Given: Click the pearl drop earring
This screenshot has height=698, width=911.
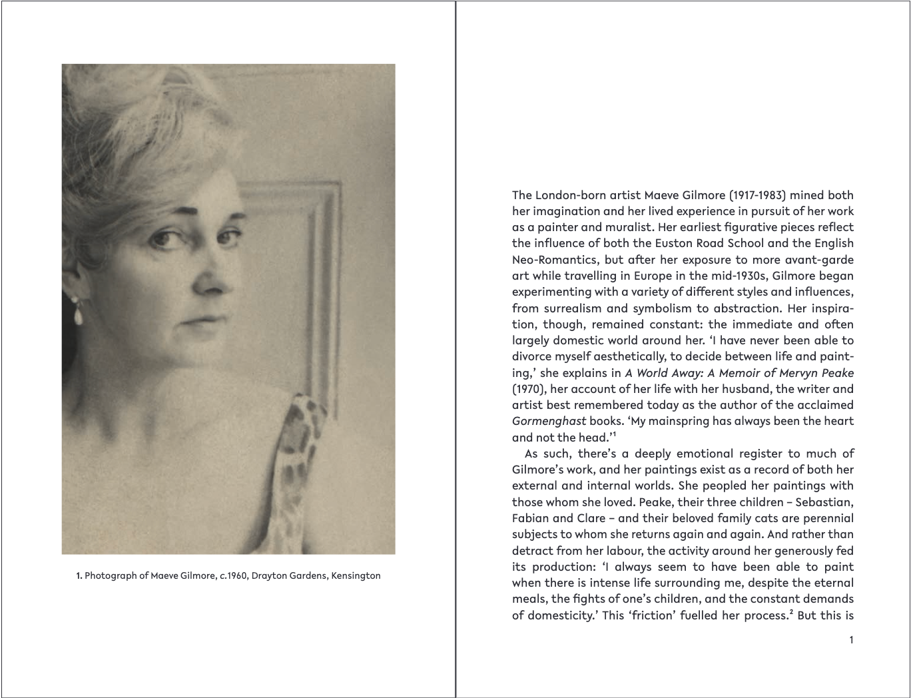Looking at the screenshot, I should click(x=78, y=312).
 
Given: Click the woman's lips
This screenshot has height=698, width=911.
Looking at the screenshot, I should click(x=197, y=320).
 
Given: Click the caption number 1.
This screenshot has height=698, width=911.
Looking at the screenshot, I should click(x=79, y=575).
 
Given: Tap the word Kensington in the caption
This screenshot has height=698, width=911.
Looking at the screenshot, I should click(x=356, y=575).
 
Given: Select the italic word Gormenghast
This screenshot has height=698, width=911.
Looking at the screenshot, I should click(x=549, y=421).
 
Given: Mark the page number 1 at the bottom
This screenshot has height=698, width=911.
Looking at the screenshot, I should click(x=850, y=640).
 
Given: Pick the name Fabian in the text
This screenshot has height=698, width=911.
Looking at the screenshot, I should click(x=530, y=518).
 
